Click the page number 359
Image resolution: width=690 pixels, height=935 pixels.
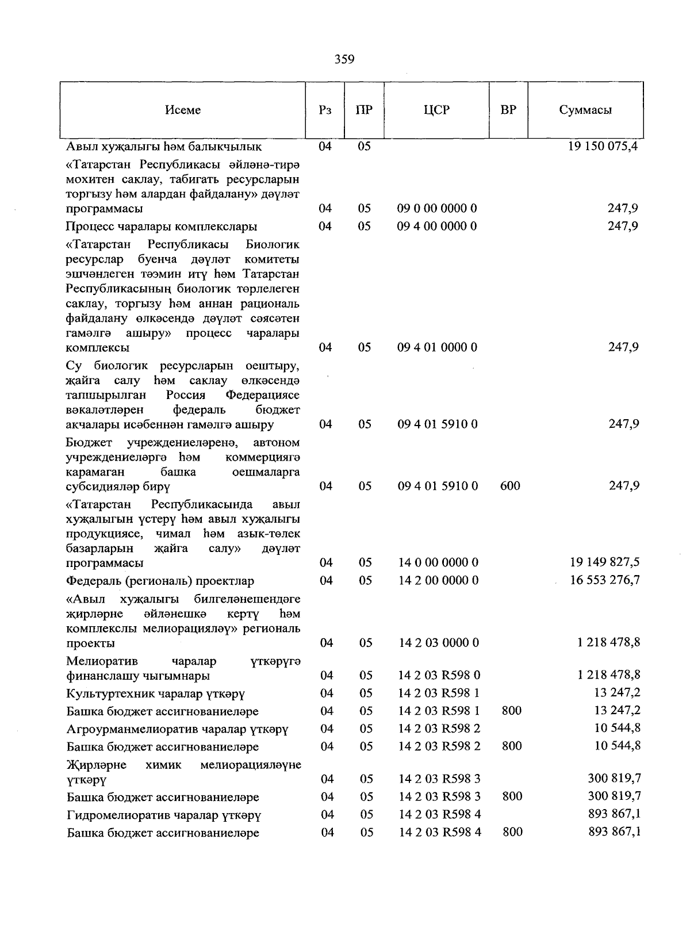[344, 59]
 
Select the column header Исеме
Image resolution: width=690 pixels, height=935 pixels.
[183, 110]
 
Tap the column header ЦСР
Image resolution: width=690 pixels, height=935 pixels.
[436, 110]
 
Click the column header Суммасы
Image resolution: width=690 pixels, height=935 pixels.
[585, 110]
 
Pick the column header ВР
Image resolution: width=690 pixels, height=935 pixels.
[508, 110]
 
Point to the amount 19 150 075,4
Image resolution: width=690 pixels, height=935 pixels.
[603, 146]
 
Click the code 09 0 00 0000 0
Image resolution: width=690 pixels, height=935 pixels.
[437, 208]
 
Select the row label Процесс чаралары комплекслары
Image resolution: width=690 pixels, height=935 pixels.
[162, 226]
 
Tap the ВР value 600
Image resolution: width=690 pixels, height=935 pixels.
[510, 486]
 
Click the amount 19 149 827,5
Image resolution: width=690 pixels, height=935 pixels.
[604, 562]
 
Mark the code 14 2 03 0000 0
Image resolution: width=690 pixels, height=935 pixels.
[439, 643]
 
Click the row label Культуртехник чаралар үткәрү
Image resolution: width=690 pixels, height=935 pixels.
[156, 693]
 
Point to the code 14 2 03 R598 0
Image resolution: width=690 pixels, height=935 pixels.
[439, 675]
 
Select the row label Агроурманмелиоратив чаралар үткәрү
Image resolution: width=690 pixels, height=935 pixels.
[177, 729]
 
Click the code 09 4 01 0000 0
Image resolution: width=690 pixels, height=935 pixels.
[437, 347]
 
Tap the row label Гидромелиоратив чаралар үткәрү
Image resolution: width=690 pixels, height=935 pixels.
[164, 815]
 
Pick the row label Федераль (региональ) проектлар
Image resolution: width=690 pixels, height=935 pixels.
[160, 581]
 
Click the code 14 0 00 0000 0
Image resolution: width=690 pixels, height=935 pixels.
[438, 562]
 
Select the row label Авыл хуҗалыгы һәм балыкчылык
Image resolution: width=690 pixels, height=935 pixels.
[164, 147]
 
